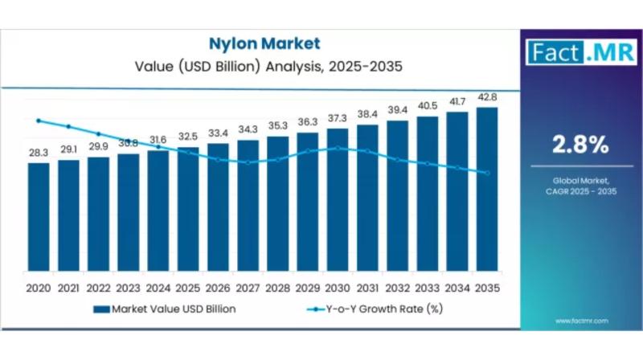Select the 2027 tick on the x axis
248,287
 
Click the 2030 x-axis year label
338,287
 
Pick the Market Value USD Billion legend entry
165,309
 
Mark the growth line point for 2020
39,121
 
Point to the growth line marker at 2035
487,173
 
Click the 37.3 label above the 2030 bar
338,118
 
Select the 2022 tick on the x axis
98,287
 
